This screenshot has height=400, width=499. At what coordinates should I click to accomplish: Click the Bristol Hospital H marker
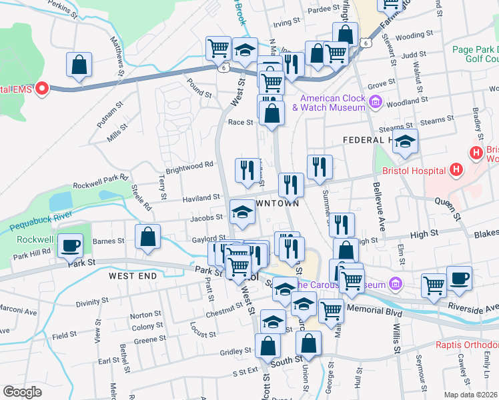pyautogui.click(x=476, y=153)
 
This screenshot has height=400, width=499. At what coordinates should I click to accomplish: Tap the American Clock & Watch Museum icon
pyautogui.click(x=375, y=102)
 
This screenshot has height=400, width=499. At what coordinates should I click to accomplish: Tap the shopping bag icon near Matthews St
pyautogui.click(x=79, y=65)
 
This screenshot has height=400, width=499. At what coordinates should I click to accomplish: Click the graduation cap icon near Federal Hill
pyautogui.click(x=404, y=141)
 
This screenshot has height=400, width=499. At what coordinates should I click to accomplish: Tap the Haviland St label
pyautogui.click(x=201, y=197)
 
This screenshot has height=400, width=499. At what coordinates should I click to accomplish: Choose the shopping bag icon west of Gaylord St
pyautogui.click(x=147, y=236)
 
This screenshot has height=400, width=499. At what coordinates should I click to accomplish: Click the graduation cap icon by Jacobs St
pyautogui.click(x=241, y=213)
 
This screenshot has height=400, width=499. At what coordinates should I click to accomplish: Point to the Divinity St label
pyautogui.click(x=92, y=303)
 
